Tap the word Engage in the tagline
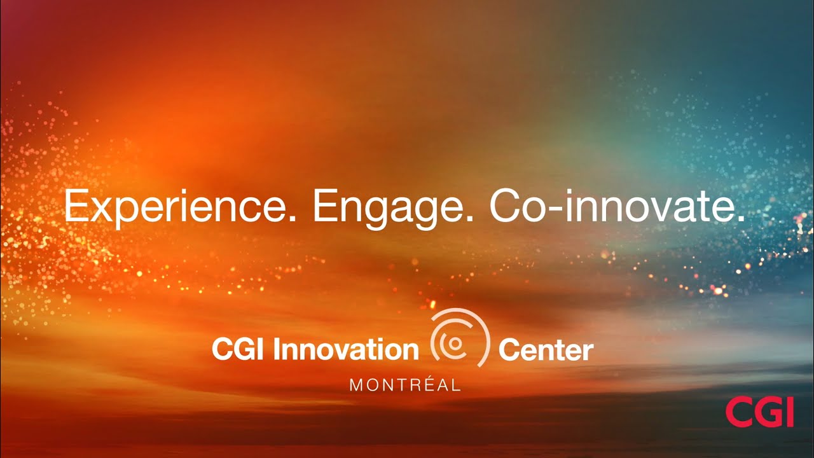coord(388,207)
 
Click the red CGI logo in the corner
coord(759,412)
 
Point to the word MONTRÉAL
coord(405,385)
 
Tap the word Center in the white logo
coord(546,350)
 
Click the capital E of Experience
coord(74,206)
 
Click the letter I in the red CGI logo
coord(789,412)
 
